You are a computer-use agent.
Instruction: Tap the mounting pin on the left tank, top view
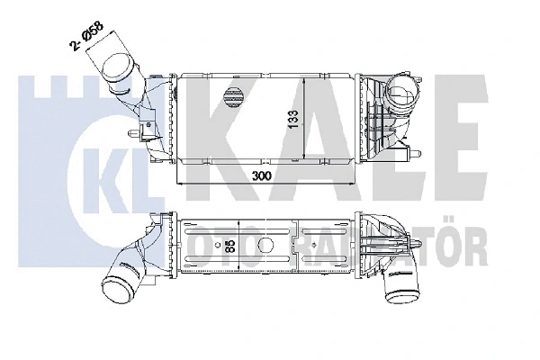pos(135,135)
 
